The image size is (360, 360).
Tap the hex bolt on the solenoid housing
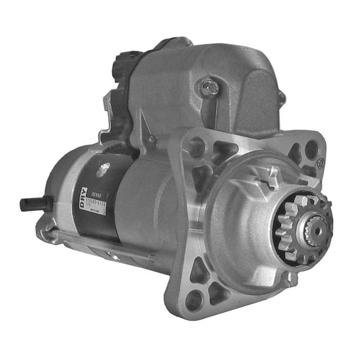(x=211, y=86)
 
